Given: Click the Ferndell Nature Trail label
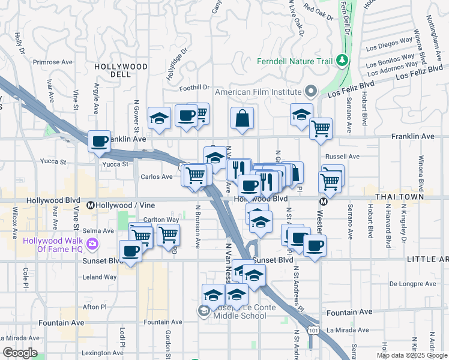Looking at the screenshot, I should point(295,61).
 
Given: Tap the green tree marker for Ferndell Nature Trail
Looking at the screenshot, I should point(342,60).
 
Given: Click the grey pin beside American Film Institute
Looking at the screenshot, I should point(311,92).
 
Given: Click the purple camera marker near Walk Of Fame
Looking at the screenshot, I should point(92,244).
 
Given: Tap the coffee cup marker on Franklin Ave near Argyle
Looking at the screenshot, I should point(100,142).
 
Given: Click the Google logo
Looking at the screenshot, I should point(20,353).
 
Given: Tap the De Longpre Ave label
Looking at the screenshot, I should point(411,284).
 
